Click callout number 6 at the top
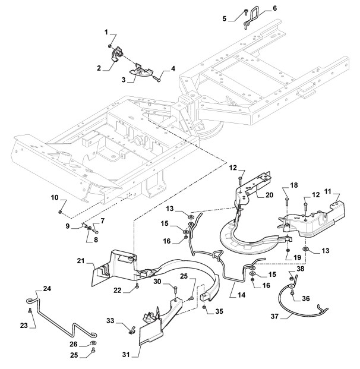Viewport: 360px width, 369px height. (274, 8)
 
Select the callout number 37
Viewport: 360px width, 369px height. (274, 316)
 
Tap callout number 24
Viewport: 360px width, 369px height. (47, 288)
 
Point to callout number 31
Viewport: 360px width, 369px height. (126, 355)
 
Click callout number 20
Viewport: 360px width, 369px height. (270, 195)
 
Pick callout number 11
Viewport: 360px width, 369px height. (327, 191)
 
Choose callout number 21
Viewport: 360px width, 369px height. (81, 261)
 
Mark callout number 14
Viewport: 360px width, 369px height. (241, 295)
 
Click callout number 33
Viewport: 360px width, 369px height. (110, 320)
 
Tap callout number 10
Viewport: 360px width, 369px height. (54, 197)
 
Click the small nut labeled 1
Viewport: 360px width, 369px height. (110, 46)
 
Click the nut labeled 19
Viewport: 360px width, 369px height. (288, 251)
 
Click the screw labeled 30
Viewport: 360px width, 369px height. (175, 290)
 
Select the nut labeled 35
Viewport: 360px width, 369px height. (204, 307)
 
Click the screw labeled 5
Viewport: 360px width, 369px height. (246, 12)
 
